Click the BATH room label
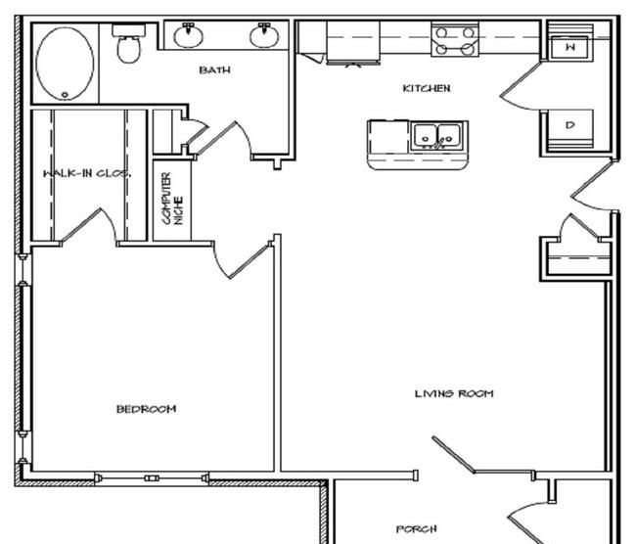pos(214,70)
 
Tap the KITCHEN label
pos(427,88)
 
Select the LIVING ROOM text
pos(454,393)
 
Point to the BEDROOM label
pos(146,409)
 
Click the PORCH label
pos(416,529)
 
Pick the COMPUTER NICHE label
pos(172,199)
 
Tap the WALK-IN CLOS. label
pos(87,173)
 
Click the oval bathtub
pos(65,64)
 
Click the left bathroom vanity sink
pos(189,35)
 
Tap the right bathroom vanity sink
pos(264,35)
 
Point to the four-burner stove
pos(455,39)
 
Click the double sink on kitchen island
pos(436,136)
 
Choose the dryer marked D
pos(569,125)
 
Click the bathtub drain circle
pos(65,95)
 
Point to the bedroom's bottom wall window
pos(152,478)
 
